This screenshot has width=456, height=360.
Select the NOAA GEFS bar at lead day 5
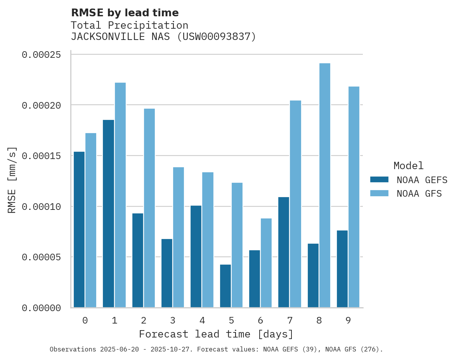[225, 286]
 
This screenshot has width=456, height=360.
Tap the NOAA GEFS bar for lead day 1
[108, 213]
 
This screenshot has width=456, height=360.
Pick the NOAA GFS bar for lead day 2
[149, 208]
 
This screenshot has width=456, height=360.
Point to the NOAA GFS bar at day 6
[266, 263]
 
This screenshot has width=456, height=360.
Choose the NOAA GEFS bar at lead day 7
[284, 252]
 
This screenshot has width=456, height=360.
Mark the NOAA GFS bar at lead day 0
[91, 220]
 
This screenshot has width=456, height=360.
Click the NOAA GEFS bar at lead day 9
[342, 269]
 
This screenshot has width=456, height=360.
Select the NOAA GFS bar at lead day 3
[179, 237]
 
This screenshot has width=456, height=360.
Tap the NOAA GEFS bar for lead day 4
[196, 256]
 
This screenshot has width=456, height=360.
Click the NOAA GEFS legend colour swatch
[379, 179]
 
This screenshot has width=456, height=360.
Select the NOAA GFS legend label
[419, 193]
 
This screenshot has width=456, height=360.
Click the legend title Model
[408, 166]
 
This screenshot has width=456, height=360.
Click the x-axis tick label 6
[260, 320]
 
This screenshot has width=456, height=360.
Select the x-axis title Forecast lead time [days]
[216, 334]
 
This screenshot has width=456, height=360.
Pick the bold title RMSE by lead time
[125, 13]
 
